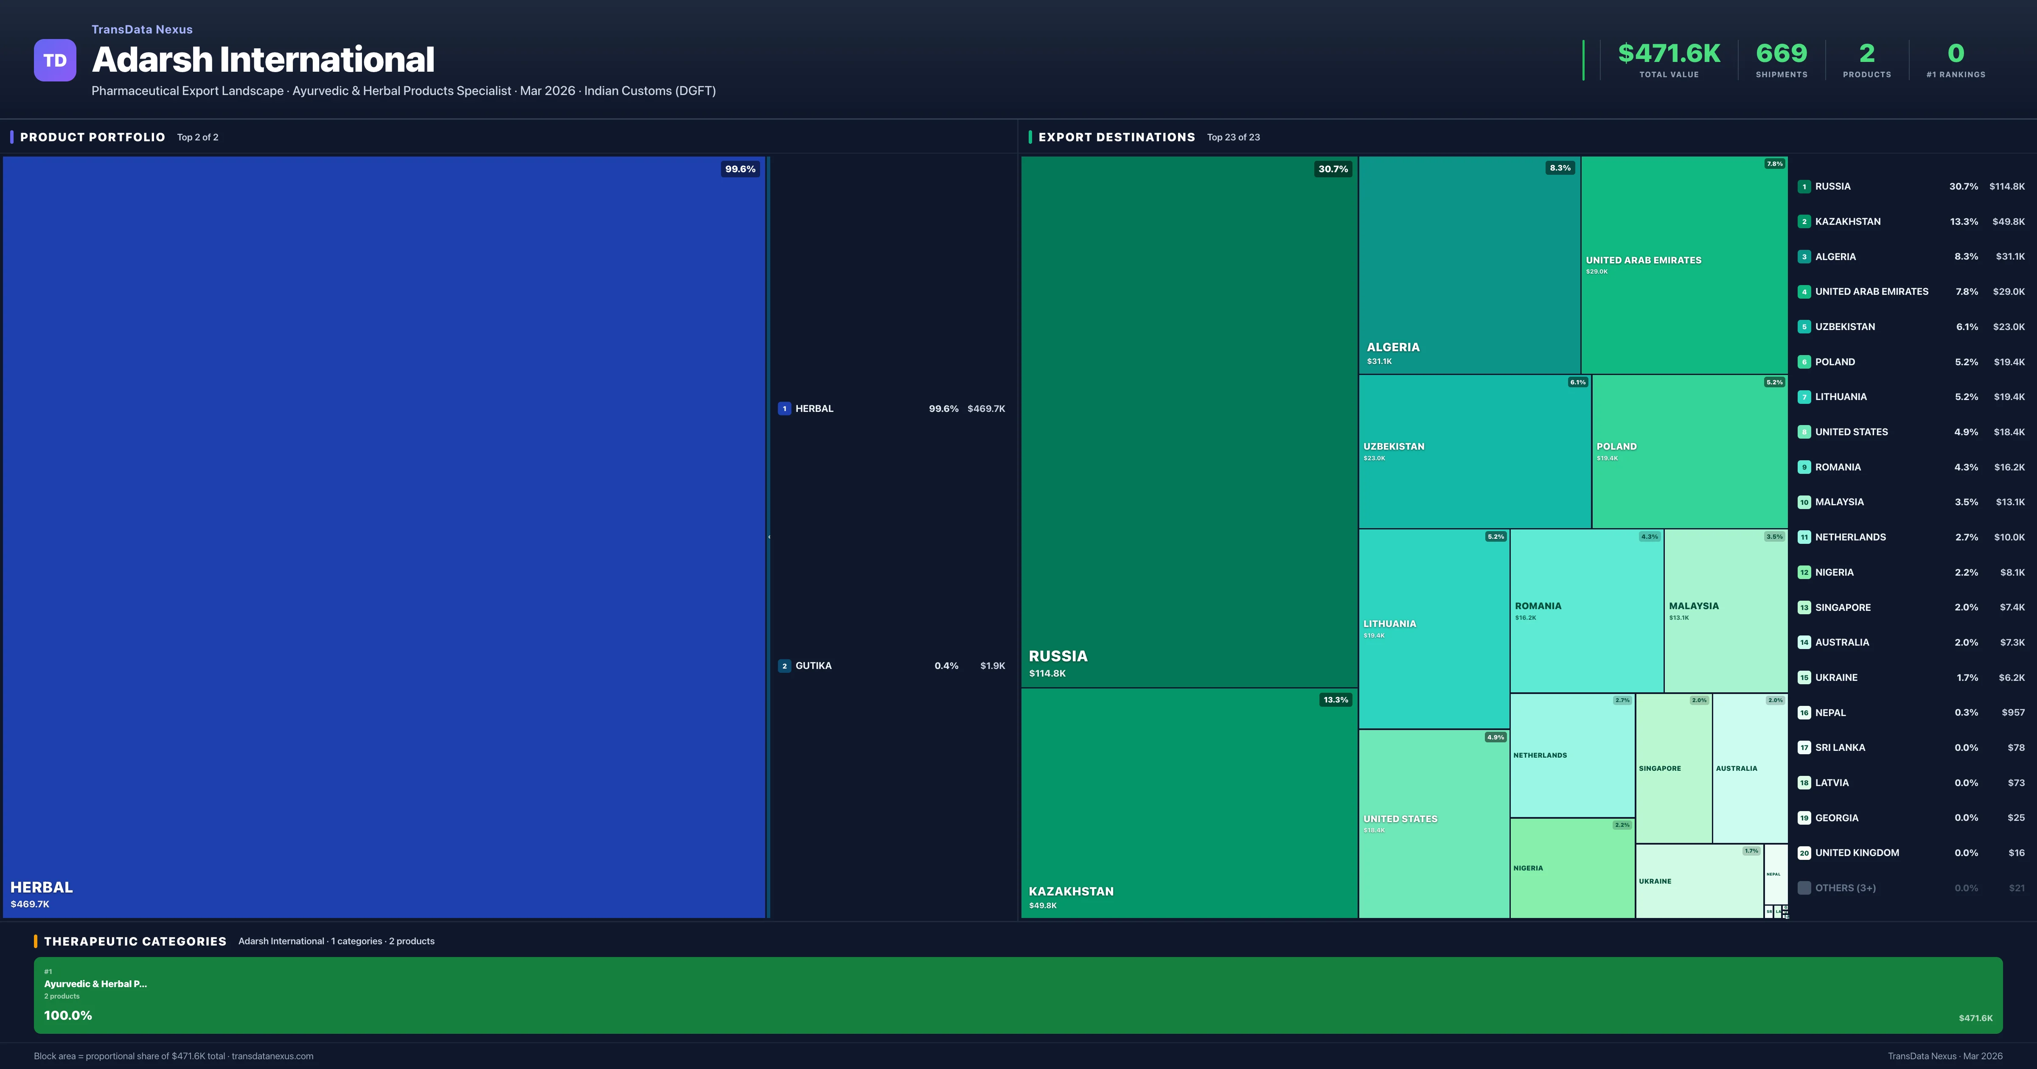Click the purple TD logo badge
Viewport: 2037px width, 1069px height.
(55, 60)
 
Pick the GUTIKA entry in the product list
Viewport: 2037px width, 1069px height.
(813, 666)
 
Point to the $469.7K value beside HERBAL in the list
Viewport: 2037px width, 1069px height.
(986, 409)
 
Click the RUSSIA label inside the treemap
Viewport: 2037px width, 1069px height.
(1058, 656)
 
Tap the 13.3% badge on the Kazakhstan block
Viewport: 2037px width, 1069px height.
(1336, 700)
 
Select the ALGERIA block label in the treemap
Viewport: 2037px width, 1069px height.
(1393, 347)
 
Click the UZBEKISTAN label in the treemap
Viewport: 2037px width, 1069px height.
(1394, 447)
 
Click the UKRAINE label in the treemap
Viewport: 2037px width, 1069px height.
(1655, 881)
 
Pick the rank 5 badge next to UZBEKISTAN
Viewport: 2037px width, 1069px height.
(1804, 327)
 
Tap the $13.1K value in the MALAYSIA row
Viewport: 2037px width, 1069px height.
(2009, 502)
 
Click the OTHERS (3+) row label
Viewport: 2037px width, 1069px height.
(1845, 888)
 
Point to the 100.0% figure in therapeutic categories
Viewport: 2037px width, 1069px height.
(68, 1015)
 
